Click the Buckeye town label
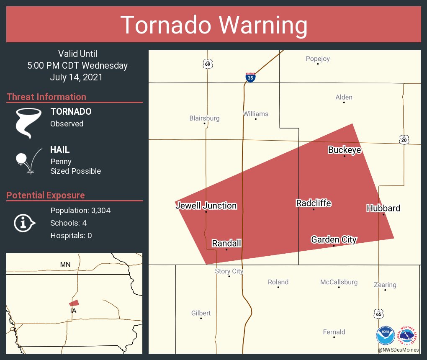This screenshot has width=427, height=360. pos(344,150)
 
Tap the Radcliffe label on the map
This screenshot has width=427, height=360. pos(314,203)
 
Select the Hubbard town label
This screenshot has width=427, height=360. pos(383,208)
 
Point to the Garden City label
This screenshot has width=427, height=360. pos(334,239)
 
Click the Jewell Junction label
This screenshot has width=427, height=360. pos(206,206)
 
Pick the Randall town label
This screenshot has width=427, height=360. pos(226,243)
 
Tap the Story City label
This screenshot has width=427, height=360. pos(229,271)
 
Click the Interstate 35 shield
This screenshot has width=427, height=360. pos(250,77)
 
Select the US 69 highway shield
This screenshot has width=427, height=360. pos(208,64)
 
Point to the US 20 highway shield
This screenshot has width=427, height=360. pos(404,140)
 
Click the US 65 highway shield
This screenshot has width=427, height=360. pos(378,314)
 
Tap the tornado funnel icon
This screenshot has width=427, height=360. pos(28,122)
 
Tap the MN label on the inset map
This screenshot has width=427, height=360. pos(65,265)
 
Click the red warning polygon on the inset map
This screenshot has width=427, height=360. pos(74,303)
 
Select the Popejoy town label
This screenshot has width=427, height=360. pos(318,59)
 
